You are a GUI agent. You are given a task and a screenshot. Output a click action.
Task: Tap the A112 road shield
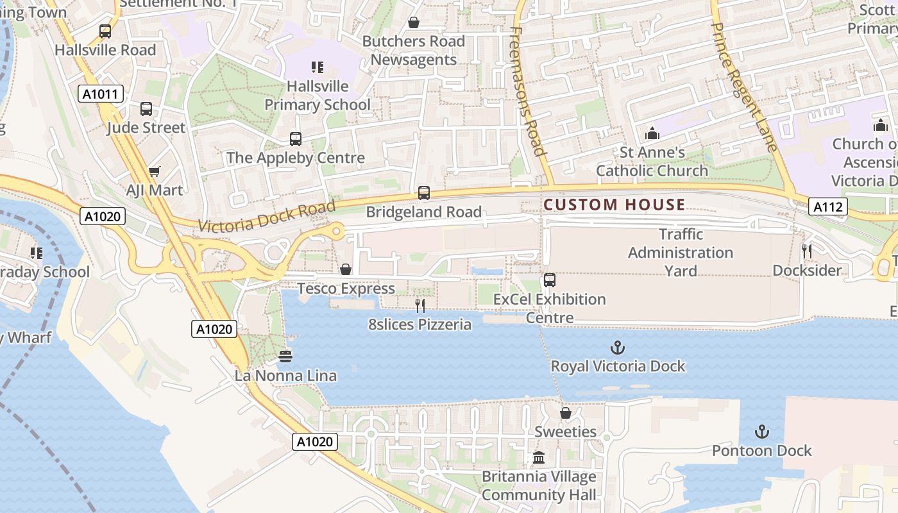pos(827,206)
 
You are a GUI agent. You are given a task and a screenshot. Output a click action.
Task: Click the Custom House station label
pos(614,205)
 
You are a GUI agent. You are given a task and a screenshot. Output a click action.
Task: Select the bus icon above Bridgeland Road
pos(423,192)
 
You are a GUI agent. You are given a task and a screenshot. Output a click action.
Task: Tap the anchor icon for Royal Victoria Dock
pos(617,348)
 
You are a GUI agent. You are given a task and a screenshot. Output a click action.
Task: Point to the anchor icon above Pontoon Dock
pos(762,432)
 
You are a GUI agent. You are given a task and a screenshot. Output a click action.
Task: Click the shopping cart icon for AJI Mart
pos(154,171)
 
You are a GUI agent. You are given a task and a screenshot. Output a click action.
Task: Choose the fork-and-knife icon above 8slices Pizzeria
pos(420,305)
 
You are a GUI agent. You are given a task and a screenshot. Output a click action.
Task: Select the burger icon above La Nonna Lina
pos(286,355)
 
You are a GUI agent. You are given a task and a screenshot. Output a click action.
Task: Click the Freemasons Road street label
pos(529,90)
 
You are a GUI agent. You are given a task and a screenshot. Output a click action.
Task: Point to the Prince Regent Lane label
pos(744,87)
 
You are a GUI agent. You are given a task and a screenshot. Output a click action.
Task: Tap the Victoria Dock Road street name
pos(267,216)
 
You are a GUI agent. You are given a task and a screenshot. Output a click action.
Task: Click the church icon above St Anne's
pos(652,133)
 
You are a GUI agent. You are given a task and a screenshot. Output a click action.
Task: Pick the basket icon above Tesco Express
pos(346,269)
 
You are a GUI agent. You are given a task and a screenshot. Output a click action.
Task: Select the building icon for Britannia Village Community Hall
pos(539,458)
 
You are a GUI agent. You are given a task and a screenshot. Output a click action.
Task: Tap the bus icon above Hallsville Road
pos(105,31)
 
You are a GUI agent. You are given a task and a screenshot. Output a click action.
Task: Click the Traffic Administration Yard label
pos(681,253)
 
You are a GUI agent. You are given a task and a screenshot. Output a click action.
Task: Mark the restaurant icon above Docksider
pos(807,251)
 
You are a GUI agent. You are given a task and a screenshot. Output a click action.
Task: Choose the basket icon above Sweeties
pos(566,413)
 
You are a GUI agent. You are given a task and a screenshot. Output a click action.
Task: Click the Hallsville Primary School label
pos(318,95)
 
